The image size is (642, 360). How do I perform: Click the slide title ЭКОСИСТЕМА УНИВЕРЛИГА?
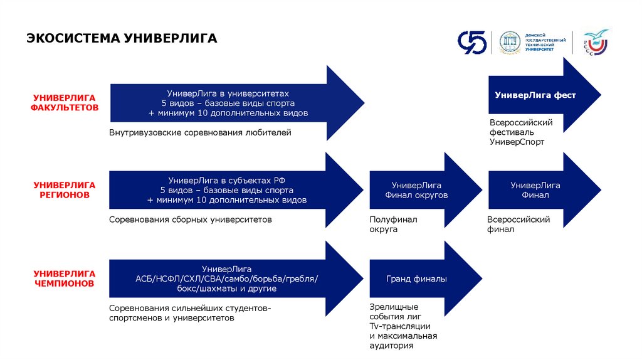click(122, 39)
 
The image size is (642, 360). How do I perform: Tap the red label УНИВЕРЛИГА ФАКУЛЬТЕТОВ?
click(65, 102)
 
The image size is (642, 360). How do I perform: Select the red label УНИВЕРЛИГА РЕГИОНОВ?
click(65, 190)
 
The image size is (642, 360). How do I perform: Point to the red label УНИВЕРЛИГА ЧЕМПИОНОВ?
click(65, 278)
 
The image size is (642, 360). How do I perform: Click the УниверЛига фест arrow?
click(535, 95)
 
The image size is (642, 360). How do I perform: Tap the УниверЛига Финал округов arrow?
click(416, 190)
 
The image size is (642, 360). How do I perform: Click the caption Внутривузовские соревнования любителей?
click(200, 133)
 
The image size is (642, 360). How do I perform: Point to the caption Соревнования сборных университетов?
click(191, 220)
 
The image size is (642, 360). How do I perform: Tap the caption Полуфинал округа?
click(393, 225)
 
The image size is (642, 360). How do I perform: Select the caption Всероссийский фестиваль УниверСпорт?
click(520, 132)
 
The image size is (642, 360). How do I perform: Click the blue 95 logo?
click(471, 43)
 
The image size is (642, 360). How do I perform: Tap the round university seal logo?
click(510, 43)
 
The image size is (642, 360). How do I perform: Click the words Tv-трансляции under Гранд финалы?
click(399, 326)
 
